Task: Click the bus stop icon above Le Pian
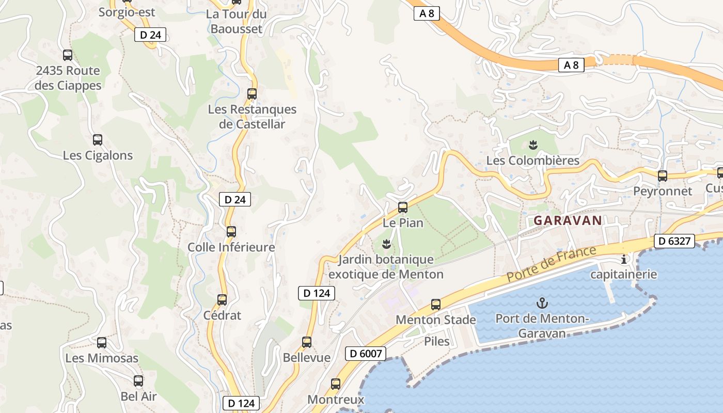pyautogui.click(x=403, y=208)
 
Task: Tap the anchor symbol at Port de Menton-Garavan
pyautogui.click(x=542, y=303)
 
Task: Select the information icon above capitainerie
pyautogui.click(x=624, y=259)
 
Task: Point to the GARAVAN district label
pyautogui.click(x=568, y=220)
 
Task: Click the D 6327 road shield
pyautogui.click(x=674, y=241)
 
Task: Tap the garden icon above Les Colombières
pyautogui.click(x=533, y=145)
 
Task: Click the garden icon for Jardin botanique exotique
pyautogui.click(x=386, y=243)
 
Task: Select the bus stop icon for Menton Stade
pyautogui.click(x=436, y=305)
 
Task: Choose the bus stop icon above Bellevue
pyautogui.click(x=307, y=342)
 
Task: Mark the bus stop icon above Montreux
pyautogui.click(x=336, y=384)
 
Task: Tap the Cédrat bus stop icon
pyautogui.click(x=222, y=300)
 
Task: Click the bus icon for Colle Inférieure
pyautogui.click(x=231, y=232)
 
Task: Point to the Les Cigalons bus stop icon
pyautogui.click(x=98, y=140)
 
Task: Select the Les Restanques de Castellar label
pyautogui.click(x=252, y=117)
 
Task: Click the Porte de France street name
pyautogui.click(x=551, y=264)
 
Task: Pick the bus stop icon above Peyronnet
pyautogui.click(x=663, y=176)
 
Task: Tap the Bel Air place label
pyautogui.click(x=138, y=396)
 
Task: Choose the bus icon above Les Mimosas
pyautogui.click(x=102, y=342)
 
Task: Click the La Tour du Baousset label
pyautogui.click(x=236, y=21)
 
